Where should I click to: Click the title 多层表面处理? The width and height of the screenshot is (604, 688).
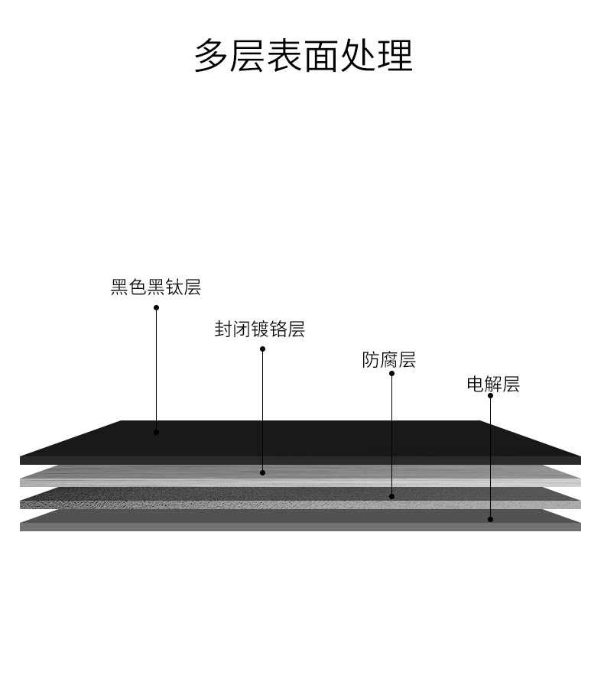303,56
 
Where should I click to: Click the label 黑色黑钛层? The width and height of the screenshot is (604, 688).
156,287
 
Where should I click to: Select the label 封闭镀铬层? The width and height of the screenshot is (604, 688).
260,329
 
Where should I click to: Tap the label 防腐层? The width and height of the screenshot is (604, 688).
389,360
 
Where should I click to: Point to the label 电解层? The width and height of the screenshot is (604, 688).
493,385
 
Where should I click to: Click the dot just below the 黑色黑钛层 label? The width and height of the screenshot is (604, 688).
156,308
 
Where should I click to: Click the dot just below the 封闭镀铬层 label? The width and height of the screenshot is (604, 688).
262,349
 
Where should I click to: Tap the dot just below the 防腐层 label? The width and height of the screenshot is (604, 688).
391,374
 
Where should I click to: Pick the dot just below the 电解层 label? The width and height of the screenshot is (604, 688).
490,396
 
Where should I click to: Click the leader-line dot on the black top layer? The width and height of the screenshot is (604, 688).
156,433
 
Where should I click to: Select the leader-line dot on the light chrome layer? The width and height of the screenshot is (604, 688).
262,472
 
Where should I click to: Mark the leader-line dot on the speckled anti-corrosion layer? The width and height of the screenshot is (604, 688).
391,497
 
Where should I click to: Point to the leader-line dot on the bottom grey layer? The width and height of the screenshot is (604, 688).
490,520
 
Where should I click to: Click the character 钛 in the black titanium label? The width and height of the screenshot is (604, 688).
174,287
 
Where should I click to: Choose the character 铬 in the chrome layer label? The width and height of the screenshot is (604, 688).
278,329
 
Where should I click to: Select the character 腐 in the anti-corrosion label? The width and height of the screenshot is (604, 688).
389,360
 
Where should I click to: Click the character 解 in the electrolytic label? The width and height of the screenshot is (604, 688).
493,385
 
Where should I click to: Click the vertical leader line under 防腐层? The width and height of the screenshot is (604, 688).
391,436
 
